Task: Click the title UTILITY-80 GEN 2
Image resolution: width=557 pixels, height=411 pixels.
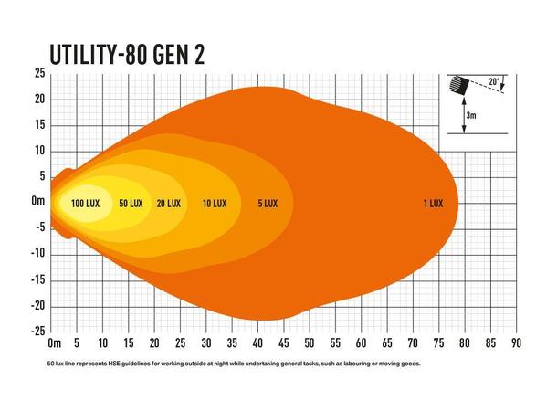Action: click(x=125, y=53)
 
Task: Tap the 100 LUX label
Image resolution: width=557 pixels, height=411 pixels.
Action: click(x=85, y=203)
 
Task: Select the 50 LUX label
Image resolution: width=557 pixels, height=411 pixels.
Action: click(x=131, y=203)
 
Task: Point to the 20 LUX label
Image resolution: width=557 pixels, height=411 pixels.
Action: click(x=168, y=203)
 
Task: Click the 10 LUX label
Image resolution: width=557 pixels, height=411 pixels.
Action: click(x=214, y=203)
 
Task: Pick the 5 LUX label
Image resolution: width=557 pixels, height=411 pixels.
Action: click(x=267, y=203)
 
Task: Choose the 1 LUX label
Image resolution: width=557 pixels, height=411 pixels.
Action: click(x=433, y=203)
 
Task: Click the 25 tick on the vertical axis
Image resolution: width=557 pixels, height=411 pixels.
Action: click(x=40, y=73)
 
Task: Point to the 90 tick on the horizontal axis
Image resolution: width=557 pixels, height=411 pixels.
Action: click(x=516, y=344)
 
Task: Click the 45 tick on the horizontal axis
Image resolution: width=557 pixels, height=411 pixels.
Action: click(x=284, y=344)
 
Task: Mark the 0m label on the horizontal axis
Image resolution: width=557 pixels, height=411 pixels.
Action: click(x=53, y=344)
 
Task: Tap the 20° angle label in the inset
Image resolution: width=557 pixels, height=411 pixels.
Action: click(x=494, y=82)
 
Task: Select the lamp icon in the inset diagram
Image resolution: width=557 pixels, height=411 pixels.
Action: click(x=460, y=85)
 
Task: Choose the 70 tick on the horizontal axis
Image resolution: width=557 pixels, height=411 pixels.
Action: click(x=413, y=344)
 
